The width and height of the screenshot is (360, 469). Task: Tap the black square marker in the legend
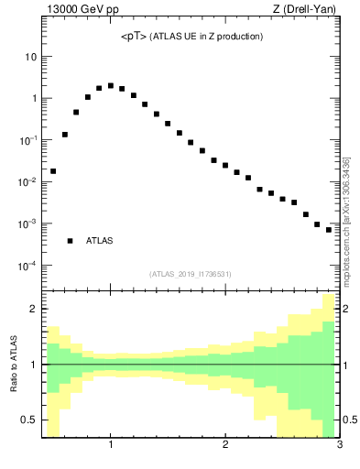pos(70,241)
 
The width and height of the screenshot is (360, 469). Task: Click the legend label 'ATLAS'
pos(99,241)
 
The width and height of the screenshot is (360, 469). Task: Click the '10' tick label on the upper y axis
pos(30,57)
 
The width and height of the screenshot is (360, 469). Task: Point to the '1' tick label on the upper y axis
pos(33,98)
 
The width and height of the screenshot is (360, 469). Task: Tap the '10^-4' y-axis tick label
pos(27,266)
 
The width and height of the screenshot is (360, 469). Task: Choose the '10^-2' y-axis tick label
pos(27,181)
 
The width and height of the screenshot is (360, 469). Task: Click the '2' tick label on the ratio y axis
pos(33,309)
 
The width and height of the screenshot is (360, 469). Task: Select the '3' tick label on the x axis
pos(339,446)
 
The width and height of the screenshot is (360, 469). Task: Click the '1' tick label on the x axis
pos(111,446)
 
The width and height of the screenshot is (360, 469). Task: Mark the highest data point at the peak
pos(111,86)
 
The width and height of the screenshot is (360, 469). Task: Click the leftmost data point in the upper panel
pos(53,171)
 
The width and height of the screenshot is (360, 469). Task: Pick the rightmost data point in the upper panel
pos(329,230)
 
